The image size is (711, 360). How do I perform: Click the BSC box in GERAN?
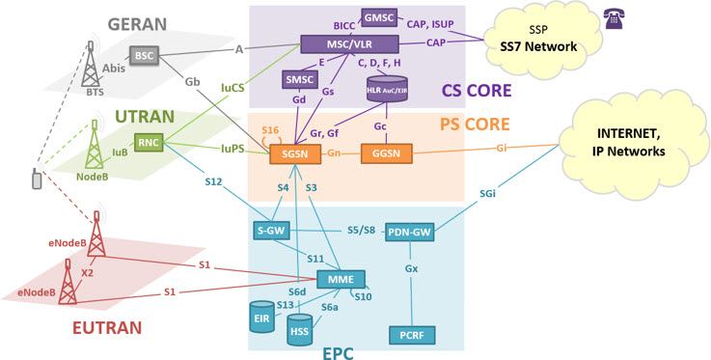pyautogui.click(x=144, y=56)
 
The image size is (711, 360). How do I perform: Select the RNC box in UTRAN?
pyautogui.click(x=149, y=143)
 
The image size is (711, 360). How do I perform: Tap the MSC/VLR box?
pyautogui.click(x=349, y=44)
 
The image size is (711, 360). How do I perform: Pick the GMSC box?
pyautogui.click(x=379, y=17)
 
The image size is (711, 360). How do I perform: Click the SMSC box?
pyautogui.click(x=300, y=79)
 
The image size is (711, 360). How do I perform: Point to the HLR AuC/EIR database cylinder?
pyautogui.click(x=386, y=89)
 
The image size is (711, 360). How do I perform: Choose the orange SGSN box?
pyautogui.click(x=295, y=153)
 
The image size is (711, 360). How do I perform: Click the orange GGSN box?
pyautogui.click(x=387, y=153)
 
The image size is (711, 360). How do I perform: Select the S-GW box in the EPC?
pyautogui.click(x=271, y=231)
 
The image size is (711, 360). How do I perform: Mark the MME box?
pyautogui.click(x=341, y=279)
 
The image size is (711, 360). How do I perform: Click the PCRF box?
pyautogui.click(x=412, y=336)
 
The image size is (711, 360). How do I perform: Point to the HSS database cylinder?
pyautogui.click(x=300, y=329)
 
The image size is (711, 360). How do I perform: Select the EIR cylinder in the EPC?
pyautogui.click(x=262, y=317)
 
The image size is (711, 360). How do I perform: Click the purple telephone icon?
pyautogui.click(x=613, y=19)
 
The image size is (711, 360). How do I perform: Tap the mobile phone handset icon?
pyautogui.click(x=37, y=179)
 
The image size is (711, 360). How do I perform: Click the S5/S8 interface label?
pyautogui.click(x=362, y=230)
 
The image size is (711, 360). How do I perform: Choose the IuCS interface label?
pyautogui.click(x=233, y=88)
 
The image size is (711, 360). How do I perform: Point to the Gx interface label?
pyautogui.click(x=411, y=269)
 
